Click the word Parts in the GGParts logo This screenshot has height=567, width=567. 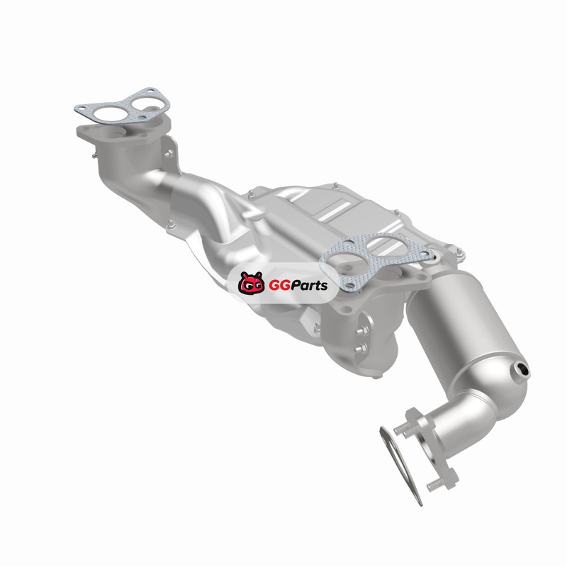(308, 286)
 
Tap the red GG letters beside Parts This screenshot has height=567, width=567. (277, 286)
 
